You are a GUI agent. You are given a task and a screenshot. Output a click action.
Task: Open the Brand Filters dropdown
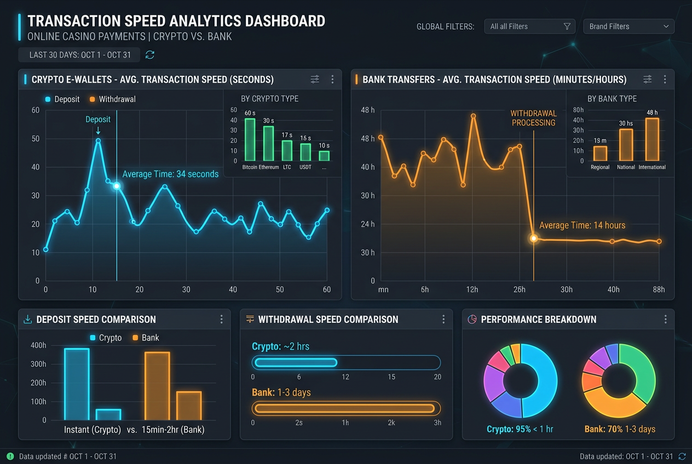[628, 27]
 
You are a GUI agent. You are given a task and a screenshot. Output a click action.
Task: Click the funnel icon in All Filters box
[567, 27]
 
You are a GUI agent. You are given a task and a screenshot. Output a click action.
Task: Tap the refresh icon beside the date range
[150, 55]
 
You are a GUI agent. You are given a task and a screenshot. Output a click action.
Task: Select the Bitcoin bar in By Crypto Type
[250, 140]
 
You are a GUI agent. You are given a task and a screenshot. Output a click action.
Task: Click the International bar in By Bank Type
[652, 139]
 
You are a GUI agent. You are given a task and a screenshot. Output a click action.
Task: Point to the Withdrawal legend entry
[113, 99]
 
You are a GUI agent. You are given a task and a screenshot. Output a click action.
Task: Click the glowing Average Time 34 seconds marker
[117, 186]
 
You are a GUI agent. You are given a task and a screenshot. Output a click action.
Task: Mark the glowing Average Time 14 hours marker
[534, 239]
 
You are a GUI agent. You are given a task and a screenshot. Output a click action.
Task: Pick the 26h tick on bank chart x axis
[520, 289]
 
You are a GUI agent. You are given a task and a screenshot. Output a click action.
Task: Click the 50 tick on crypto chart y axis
[36, 138]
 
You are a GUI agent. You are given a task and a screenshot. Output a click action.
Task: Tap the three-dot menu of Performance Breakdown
[665, 319]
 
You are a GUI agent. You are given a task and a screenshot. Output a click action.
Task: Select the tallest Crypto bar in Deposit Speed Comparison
[77, 384]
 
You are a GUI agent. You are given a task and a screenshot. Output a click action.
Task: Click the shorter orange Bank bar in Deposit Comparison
[189, 405]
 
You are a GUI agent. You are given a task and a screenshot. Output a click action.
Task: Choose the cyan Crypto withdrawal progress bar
[296, 363]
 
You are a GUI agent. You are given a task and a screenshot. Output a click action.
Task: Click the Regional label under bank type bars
[600, 167]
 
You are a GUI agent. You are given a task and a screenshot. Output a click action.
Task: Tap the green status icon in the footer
[10, 456]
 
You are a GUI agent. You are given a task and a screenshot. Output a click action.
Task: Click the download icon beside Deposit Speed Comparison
[27, 319]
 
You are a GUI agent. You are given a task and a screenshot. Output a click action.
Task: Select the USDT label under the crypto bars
[305, 167]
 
